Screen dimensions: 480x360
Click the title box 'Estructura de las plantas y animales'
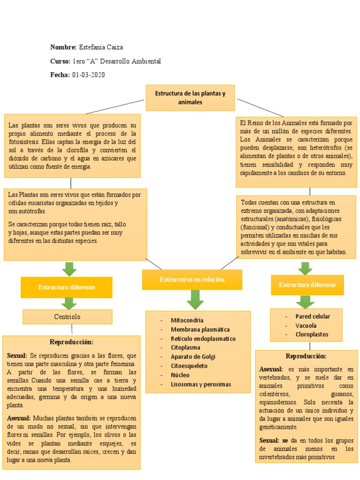[190, 97]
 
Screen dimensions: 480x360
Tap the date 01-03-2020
[89, 75]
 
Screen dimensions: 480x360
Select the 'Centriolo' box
[67, 317]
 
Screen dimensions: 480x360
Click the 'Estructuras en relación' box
[192, 279]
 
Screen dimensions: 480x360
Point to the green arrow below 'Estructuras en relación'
[195, 299]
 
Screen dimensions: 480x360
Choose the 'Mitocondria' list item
[187, 320]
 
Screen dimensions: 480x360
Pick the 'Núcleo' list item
[180, 375]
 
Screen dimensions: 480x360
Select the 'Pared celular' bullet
[313, 316]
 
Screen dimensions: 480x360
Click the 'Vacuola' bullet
[306, 325]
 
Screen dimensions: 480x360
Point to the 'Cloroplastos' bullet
[312, 335]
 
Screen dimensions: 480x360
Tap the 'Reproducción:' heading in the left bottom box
[72, 342]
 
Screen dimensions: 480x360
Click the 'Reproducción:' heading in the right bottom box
[306, 356]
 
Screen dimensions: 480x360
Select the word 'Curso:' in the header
[60, 61]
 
